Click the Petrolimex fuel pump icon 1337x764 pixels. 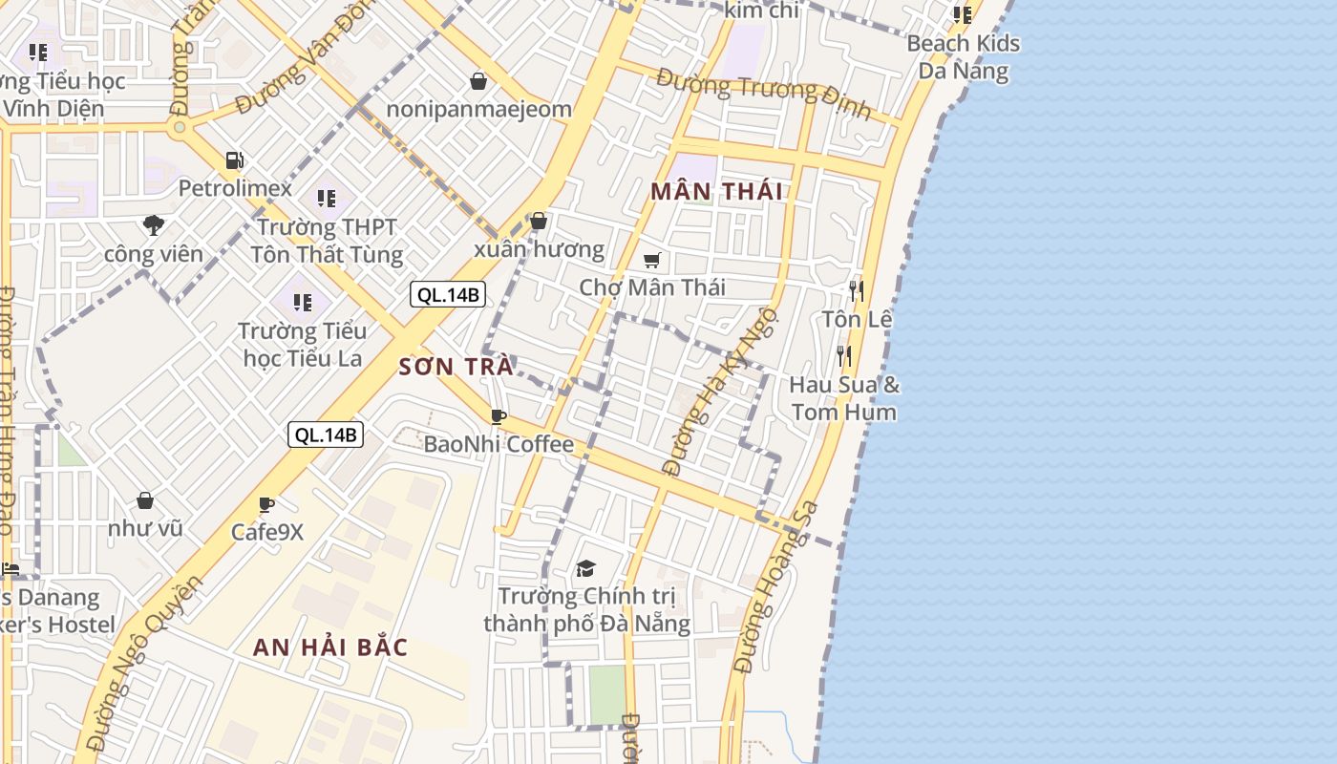click(x=234, y=160)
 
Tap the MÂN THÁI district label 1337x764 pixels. click(x=717, y=191)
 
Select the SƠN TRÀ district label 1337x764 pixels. click(x=456, y=367)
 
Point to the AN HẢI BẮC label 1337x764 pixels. click(x=330, y=647)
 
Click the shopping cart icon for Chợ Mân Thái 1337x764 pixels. click(x=652, y=260)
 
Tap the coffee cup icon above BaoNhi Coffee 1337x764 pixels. click(x=498, y=416)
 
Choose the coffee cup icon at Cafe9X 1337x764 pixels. click(x=266, y=504)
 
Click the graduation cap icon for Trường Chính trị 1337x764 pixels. click(x=585, y=568)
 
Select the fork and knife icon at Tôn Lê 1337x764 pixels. click(x=857, y=290)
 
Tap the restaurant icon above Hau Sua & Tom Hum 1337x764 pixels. click(x=843, y=356)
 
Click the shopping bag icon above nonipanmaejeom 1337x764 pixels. click(x=478, y=82)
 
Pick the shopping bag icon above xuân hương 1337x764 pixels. click(x=539, y=222)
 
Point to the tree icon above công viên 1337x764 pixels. click(x=153, y=225)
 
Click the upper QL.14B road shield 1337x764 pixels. click(x=448, y=294)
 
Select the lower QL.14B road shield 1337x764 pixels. click(x=326, y=435)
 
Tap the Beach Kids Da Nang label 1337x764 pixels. click(x=963, y=57)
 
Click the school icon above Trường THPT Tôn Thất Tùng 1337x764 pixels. click(x=327, y=199)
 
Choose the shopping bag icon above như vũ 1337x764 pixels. click(x=145, y=500)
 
